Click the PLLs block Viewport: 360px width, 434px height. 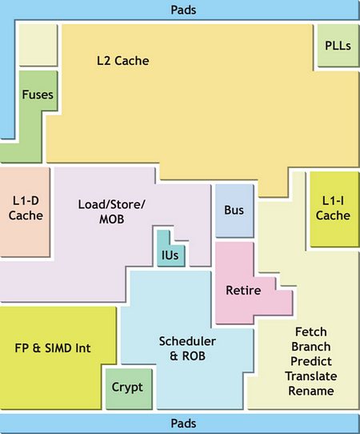tap(338, 46)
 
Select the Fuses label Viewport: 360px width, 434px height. tap(38, 94)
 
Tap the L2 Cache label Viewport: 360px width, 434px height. tap(122, 61)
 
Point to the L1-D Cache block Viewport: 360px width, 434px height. tap(25, 211)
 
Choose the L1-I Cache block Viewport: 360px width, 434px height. tap(334, 209)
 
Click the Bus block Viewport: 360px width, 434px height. tap(234, 211)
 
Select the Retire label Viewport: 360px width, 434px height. tap(243, 291)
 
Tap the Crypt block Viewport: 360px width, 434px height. tap(129, 388)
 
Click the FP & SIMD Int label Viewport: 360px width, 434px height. tap(53, 348)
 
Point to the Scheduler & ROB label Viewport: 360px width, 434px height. tap(187, 348)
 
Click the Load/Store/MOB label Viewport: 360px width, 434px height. tap(111, 211)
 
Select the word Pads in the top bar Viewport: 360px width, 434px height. tap(183, 10)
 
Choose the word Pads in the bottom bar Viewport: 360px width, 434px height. tap(183, 424)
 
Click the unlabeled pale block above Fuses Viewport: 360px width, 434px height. tap(38, 45)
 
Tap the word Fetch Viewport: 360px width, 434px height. tap(311, 332)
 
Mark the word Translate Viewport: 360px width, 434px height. tap(311, 376)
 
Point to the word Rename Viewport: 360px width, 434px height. tap(311, 391)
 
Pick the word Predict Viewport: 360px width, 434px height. tap(311, 361)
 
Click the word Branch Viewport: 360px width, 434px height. tap(311, 347)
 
